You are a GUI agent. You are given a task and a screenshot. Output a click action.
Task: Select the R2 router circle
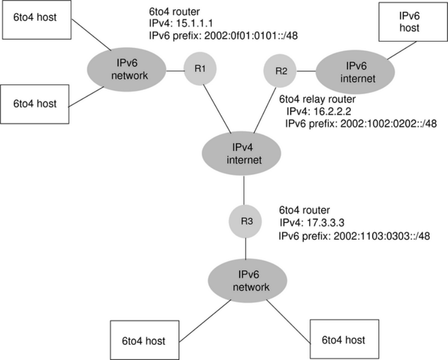(x=281, y=71)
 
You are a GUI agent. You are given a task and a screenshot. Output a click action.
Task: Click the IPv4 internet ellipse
(x=243, y=154)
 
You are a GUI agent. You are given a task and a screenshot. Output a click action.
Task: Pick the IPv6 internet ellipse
(x=347, y=74)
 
